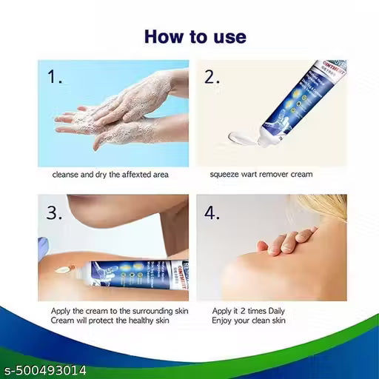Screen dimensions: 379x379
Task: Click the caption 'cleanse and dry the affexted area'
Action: coord(110,175)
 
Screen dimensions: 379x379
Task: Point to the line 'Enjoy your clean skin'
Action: coord(250,323)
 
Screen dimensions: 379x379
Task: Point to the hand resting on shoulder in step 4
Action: coord(285,241)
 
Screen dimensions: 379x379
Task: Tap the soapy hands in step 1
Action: coord(126,111)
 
